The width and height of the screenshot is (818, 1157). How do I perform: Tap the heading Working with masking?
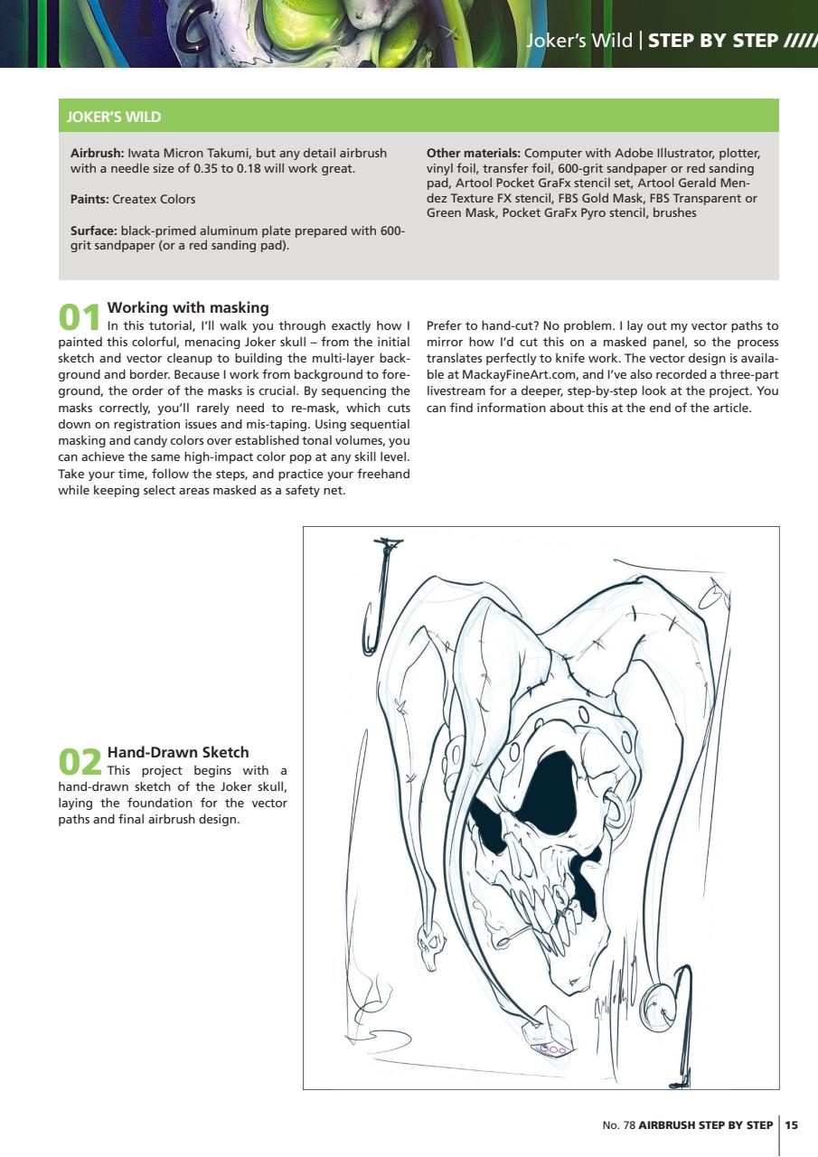click(187, 308)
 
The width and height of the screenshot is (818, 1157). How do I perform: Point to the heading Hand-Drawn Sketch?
click(177, 752)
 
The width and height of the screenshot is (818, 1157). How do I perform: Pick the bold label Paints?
click(89, 199)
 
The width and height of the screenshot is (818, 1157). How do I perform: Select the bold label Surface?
click(94, 230)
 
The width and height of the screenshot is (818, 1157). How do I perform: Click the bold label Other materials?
click(473, 153)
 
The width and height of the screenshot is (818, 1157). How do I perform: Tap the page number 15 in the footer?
click(792, 1125)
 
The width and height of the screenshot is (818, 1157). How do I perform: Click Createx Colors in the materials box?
click(154, 199)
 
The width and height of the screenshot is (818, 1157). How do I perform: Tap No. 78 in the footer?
click(618, 1125)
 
